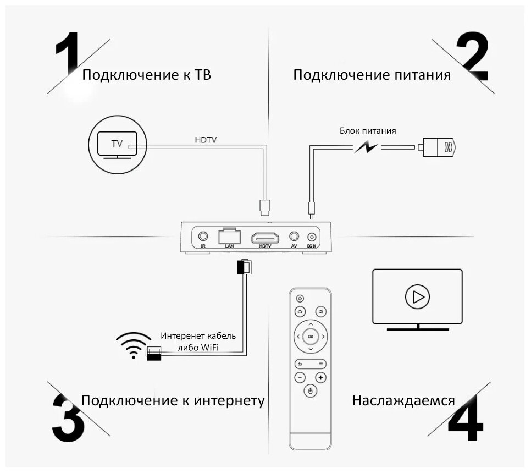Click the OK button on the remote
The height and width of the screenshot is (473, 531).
pos(311,336)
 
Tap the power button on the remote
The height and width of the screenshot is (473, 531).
pos(300,298)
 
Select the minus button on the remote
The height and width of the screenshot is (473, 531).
pos(300,378)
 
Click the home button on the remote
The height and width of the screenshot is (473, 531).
pos(300,311)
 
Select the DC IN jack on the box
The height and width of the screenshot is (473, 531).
pos(312,237)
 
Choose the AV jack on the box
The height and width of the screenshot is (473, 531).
pos(294,237)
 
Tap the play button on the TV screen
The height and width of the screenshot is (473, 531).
pos(417,297)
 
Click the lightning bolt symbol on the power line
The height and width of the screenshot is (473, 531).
pos(365,147)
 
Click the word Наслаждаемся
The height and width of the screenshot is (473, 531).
pos(403,400)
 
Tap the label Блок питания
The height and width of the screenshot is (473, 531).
pos(367,131)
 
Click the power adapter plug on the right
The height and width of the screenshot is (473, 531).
pos(438,147)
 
